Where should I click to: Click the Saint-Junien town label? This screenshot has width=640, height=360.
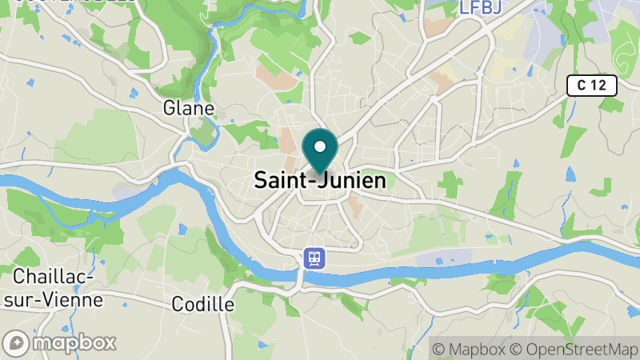click(x=319, y=181)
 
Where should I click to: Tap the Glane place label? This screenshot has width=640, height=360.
click(x=188, y=108)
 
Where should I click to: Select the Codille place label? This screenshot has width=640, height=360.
click(x=203, y=304)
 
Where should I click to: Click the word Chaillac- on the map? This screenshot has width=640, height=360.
click(x=54, y=277)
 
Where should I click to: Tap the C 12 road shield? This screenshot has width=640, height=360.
click(x=594, y=86)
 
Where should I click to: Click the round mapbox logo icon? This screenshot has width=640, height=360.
click(x=17, y=343)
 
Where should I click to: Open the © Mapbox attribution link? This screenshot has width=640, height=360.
click(x=469, y=349)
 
